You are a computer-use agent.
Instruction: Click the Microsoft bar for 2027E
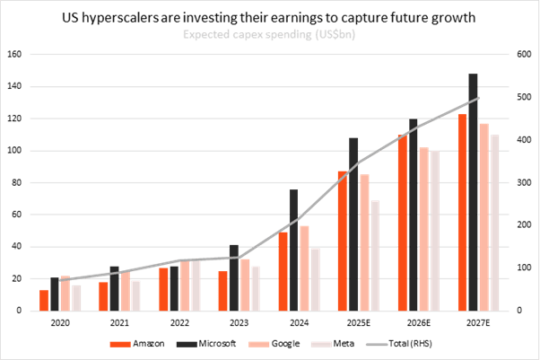pyautogui.click(x=473, y=192)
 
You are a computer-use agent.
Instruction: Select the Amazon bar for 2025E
pyautogui.click(x=342, y=241)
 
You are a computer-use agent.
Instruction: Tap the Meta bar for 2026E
pyautogui.click(x=435, y=231)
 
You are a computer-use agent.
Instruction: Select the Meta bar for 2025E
pyautogui.click(x=375, y=255)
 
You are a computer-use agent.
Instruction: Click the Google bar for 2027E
pyautogui.click(x=484, y=216)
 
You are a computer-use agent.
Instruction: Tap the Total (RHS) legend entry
pyautogui.click(x=395, y=343)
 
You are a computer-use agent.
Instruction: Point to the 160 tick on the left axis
pyautogui.click(x=13, y=55)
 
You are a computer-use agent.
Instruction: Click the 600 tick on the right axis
pyautogui.click(x=518, y=55)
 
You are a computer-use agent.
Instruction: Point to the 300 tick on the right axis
pyautogui.click(x=518, y=183)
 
